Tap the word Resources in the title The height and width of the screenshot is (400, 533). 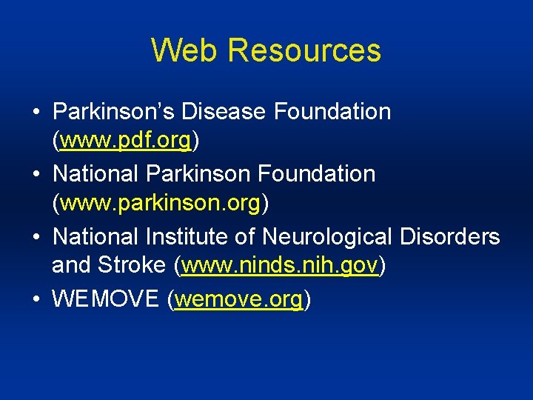click(304, 50)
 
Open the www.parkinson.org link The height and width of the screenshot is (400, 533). click(161, 201)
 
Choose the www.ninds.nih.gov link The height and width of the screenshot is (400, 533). click(280, 265)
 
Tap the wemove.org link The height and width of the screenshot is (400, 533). click(238, 299)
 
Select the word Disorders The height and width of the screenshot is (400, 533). click(450, 237)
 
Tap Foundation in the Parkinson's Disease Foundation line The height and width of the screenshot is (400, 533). click(332, 112)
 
